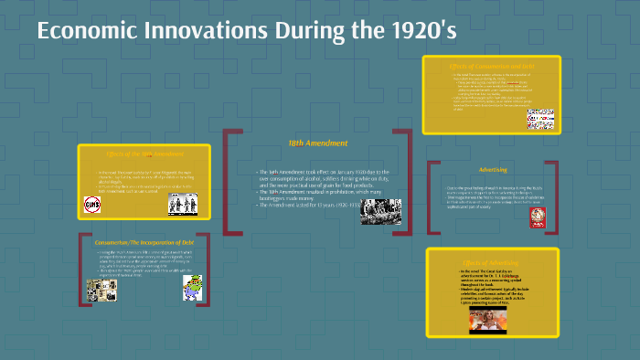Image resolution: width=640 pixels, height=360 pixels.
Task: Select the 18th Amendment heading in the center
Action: pyautogui.click(x=317, y=143)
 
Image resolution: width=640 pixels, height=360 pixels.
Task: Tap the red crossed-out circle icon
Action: pyautogui.click(x=92, y=205)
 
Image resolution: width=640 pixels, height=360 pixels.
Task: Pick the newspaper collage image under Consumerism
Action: pyautogui.click(x=101, y=290)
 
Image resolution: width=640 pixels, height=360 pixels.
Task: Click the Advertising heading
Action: pyautogui.click(x=493, y=170)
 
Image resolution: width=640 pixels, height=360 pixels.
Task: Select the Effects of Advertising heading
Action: pyautogui.click(x=493, y=263)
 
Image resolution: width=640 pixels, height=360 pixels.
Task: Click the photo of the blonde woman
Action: pyautogui.click(x=487, y=319)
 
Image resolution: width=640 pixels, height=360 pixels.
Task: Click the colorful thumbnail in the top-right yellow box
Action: pyautogui.click(x=539, y=120)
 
